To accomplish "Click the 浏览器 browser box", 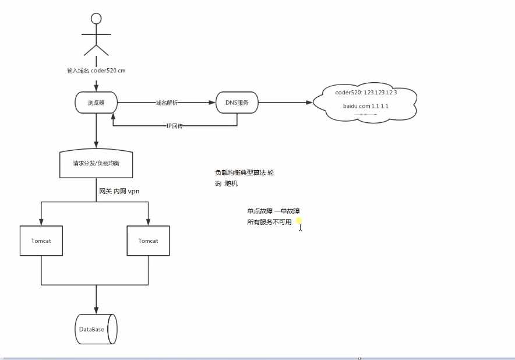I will coord(96,103).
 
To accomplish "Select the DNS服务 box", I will coord(237,103).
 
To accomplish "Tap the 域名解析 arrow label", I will coord(167,103).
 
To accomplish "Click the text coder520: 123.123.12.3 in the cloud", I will coord(366,93).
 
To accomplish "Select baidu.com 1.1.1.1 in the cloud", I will coord(365,107).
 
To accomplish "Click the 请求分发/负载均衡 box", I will coord(96,164).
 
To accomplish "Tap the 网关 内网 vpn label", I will coord(119,191).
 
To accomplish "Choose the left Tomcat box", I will coord(41,241).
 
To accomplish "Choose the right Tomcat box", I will coord(149,241).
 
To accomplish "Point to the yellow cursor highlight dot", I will coord(299,221).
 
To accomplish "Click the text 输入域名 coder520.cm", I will coord(96,70).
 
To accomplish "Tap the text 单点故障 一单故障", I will coord(273,210).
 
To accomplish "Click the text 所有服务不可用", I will coord(269,222).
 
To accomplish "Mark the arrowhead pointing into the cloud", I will coord(309,103).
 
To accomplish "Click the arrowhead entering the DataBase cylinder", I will coord(96,310).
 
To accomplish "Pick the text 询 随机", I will coord(226,183).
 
